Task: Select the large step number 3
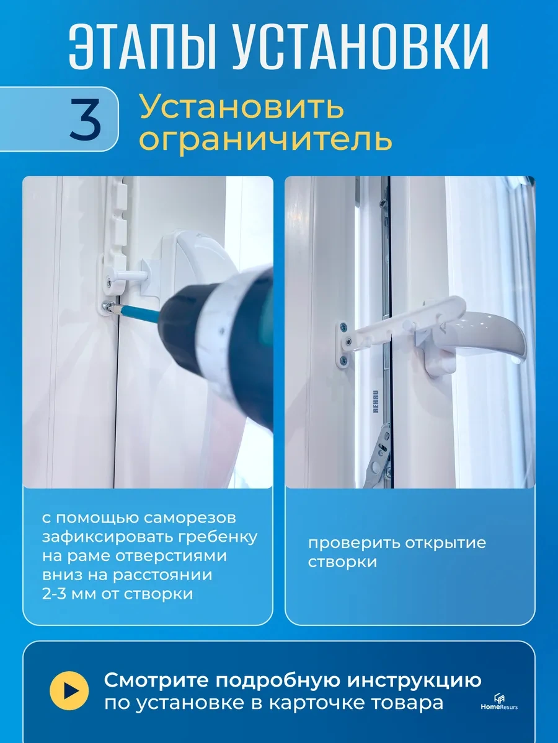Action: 85,119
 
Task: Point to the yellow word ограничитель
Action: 265,139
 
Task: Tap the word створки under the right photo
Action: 342,562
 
